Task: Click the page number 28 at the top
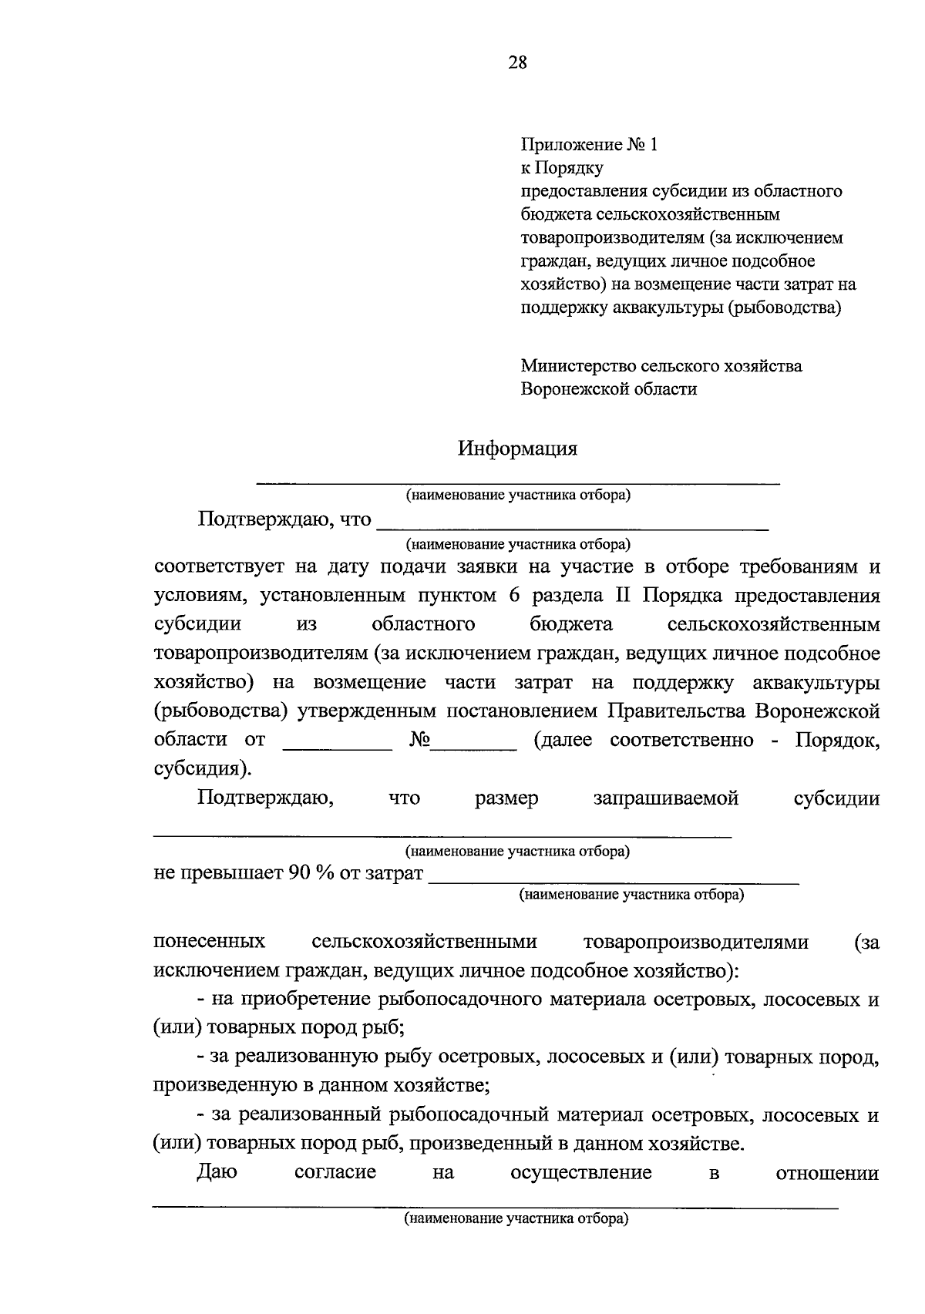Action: [x=517, y=63]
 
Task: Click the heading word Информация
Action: [x=517, y=449]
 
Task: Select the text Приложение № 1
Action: [x=590, y=145]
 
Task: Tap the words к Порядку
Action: [x=562, y=168]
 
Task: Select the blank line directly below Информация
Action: [x=517, y=481]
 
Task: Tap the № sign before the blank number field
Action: [x=419, y=741]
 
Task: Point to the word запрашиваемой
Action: [x=665, y=798]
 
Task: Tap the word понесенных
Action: [x=210, y=942]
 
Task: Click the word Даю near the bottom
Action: [x=217, y=1173]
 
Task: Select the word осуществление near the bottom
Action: [x=580, y=1173]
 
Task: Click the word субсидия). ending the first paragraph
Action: [x=202, y=769]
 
